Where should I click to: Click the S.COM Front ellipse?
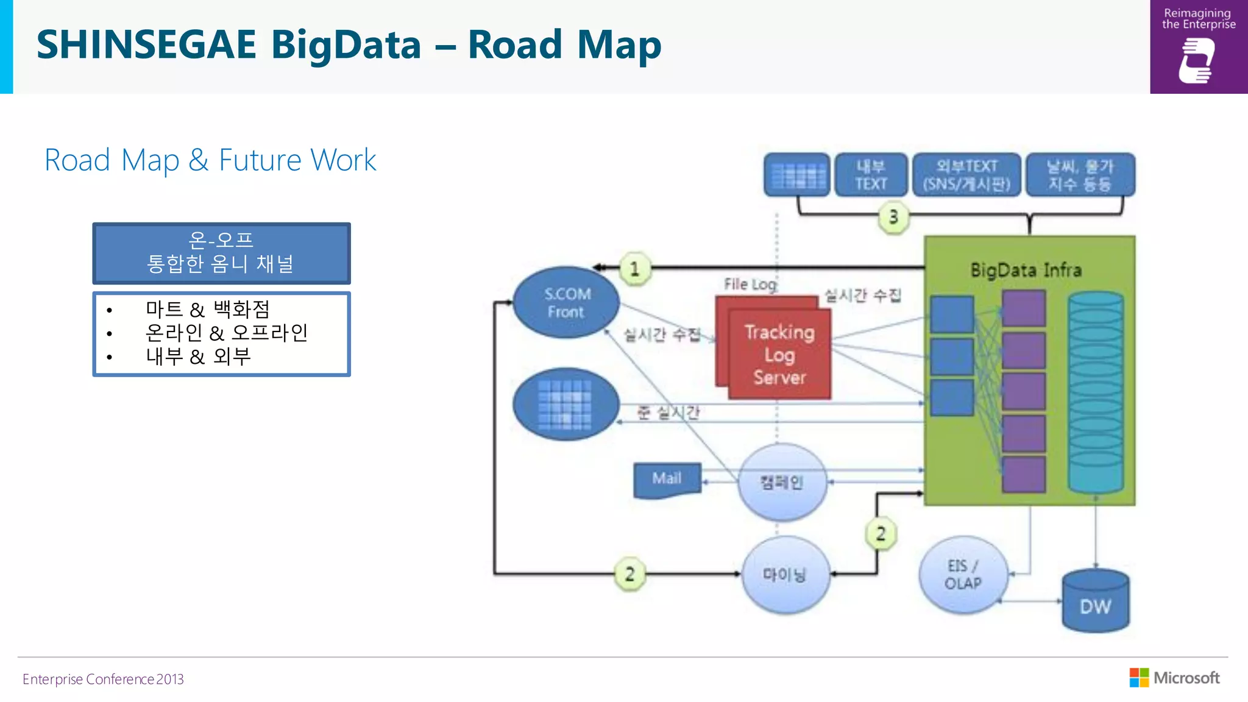[x=566, y=302]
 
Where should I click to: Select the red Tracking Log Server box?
[x=779, y=355]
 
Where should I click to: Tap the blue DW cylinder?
[x=1095, y=601]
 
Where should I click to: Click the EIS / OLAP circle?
[x=963, y=575]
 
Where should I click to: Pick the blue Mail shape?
[x=667, y=480]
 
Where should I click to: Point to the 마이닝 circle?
[x=785, y=575]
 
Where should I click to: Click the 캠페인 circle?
[x=782, y=483]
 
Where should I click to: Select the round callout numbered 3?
[x=893, y=217]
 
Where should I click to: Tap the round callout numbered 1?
[x=635, y=269]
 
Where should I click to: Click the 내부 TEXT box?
[x=870, y=175]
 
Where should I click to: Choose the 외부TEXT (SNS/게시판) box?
[x=966, y=175]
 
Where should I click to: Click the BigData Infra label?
[x=1026, y=270]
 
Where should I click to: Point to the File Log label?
[x=750, y=284]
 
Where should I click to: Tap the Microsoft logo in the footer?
[x=1174, y=678]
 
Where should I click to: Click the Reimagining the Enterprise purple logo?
[x=1198, y=47]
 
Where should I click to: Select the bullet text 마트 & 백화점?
[x=207, y=310]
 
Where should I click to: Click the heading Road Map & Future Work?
[x=210, y=160]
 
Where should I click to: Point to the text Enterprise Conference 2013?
[x=103, y=679]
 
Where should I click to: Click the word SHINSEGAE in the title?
[x=146, y=45]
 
